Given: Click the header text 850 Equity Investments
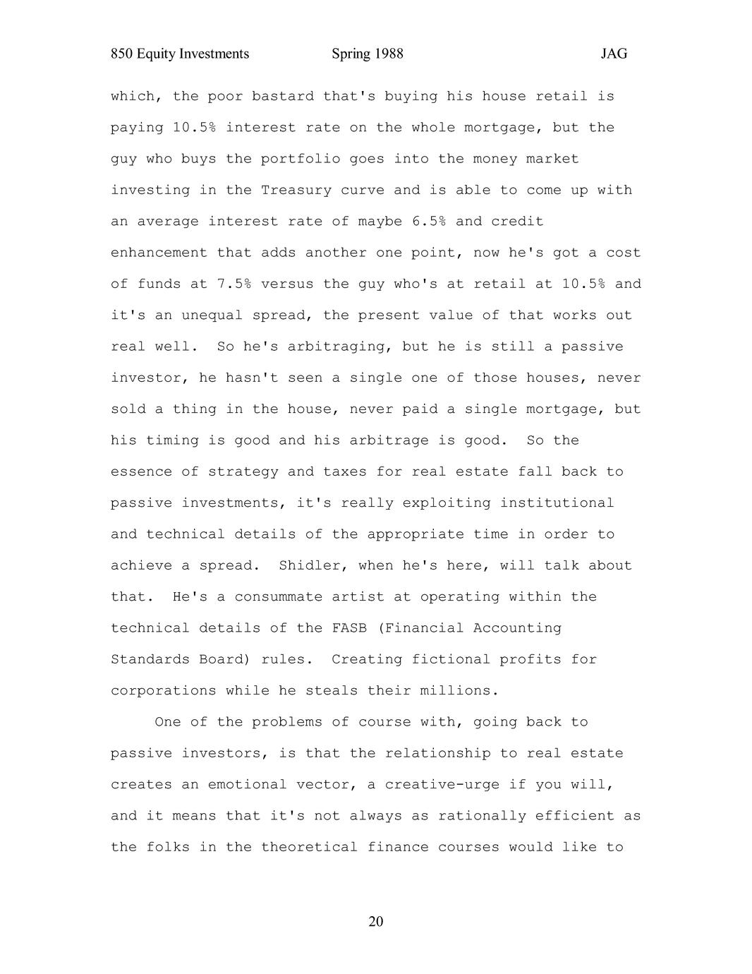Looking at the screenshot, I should (180, 54).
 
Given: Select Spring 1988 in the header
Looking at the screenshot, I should (367, 54).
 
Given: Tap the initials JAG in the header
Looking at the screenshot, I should (614, 54).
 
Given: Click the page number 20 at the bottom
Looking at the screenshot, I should (376, 922).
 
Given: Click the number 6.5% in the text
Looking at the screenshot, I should (429, 222).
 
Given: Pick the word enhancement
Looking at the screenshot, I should (159, 253).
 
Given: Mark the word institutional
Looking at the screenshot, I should (557, 503).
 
